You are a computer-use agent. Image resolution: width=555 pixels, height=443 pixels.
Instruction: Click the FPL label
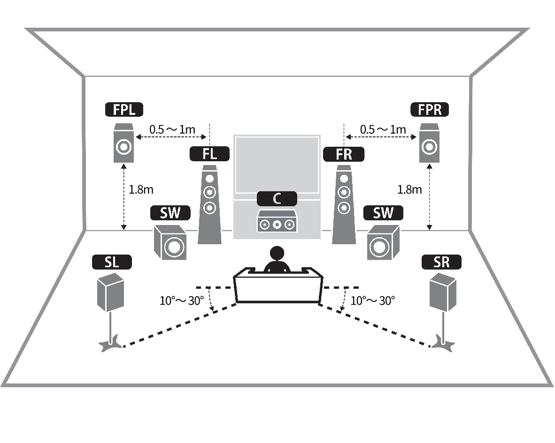click(123, 110)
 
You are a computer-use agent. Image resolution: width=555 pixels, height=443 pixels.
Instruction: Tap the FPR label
click(429, 110)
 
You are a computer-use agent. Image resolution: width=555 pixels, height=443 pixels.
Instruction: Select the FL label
click(209, 154)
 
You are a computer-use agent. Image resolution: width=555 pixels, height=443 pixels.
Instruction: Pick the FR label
click(344, 154)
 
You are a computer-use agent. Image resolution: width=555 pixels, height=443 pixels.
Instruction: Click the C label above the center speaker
click(277, 199)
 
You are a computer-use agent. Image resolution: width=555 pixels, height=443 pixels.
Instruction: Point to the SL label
click(112, 262)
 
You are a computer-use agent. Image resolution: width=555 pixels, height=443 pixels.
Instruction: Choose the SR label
click(441, 262)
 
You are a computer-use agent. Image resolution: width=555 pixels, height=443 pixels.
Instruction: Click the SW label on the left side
click(170, 213)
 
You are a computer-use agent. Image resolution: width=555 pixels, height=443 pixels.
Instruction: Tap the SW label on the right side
click(383, 213)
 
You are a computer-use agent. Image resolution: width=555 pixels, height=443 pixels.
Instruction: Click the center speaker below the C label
click(277, 222)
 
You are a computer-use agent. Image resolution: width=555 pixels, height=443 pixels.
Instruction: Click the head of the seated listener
click(277, 254)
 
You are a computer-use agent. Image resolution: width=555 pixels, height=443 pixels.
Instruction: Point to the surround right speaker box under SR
click(442, 293)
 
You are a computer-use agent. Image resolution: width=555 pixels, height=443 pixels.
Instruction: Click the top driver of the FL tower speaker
click(210, 179)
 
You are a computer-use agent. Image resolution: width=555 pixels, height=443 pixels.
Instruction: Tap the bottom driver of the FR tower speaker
click(344, 207)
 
